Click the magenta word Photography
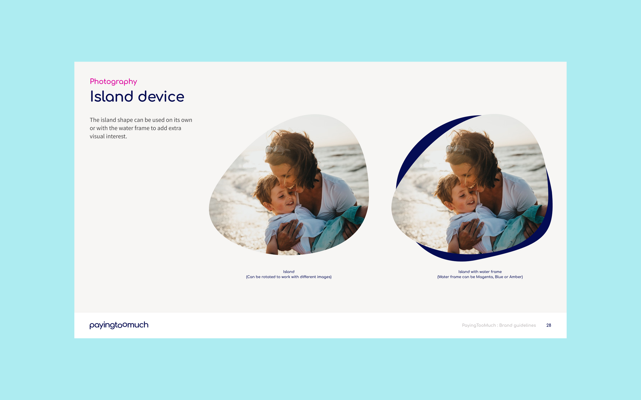(x=113, y=81)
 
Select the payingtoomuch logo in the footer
(x=119, y=325)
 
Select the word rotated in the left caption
(x=269, y=277)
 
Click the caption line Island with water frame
(x=480, y=272)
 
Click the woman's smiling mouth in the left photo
(x=291, y=187)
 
